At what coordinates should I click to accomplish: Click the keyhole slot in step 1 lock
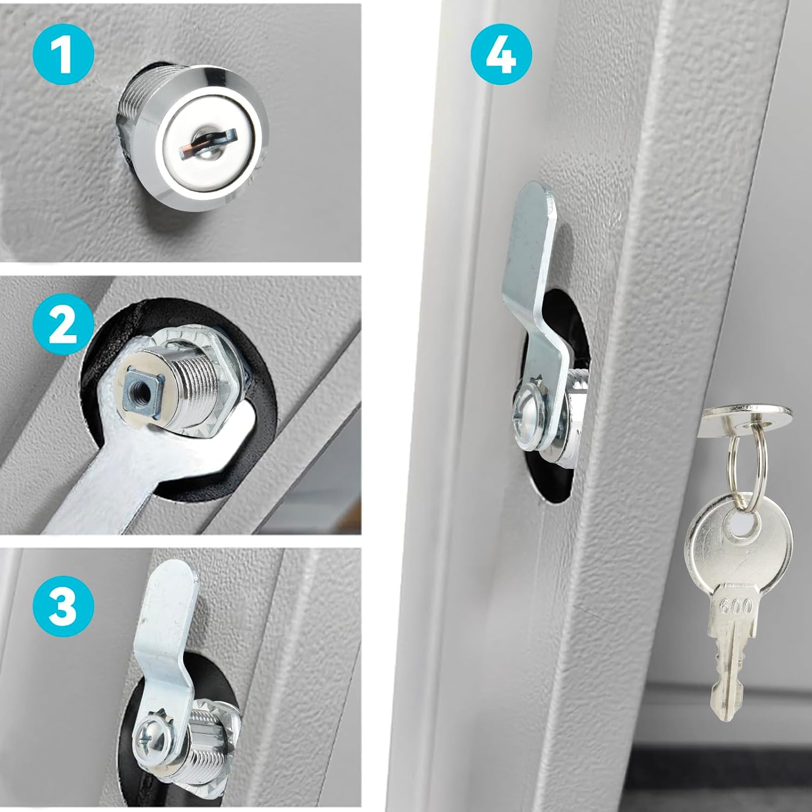pyautogui.click(x=208, y=142)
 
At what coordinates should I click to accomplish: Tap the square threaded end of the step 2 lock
pyautogui.click(x=137, y=389)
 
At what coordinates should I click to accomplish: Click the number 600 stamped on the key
pyautogui.click(x=736, y=606)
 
